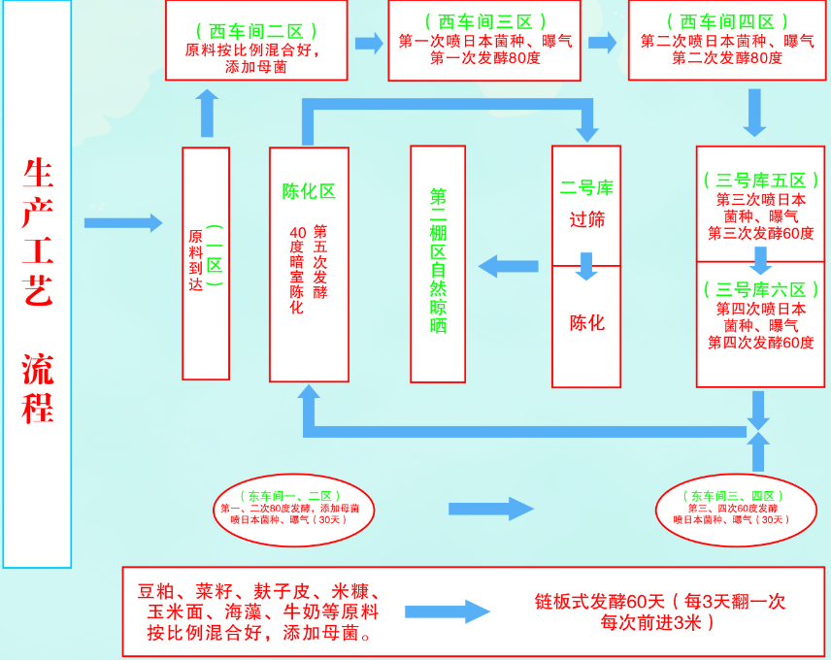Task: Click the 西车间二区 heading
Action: coord(257,32)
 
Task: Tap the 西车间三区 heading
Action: coord(485,20)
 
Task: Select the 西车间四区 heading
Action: coord(727,20)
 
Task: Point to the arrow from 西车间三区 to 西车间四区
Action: coord(603,43)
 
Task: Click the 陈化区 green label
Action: coord(309,191)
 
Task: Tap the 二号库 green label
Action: coord(586,186)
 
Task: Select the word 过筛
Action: coord(586,220)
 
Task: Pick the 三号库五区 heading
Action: coord(761,181)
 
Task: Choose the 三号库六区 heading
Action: coord(761,289)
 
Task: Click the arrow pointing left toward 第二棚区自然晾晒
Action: coord(510,265)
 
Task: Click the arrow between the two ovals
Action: coord(491,509)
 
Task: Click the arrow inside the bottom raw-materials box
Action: coord(448,611)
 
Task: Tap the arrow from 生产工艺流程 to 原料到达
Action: coord(123,223)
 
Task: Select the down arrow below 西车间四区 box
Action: coord(756,113)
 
